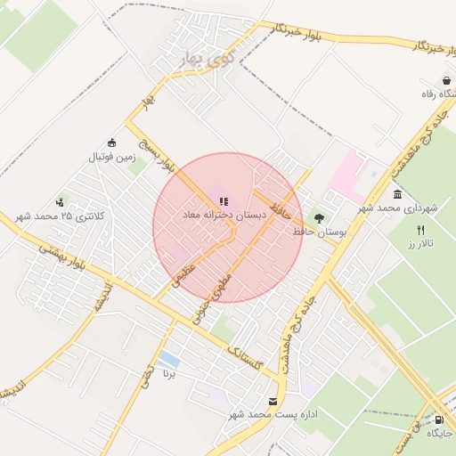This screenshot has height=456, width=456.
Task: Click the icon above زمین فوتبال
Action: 111,142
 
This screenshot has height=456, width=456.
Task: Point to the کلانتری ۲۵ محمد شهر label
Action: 60,216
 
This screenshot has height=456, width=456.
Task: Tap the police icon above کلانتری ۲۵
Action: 61,202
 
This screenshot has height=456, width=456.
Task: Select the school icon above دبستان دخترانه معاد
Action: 223,202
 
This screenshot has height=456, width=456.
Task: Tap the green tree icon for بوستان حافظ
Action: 319,217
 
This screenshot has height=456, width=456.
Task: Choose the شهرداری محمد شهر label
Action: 398,208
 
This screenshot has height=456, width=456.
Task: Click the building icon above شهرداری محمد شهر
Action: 397,194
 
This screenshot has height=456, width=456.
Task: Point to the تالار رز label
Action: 419,243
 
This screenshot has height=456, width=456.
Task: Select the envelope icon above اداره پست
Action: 273,401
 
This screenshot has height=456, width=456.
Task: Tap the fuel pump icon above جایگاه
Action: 438,419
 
